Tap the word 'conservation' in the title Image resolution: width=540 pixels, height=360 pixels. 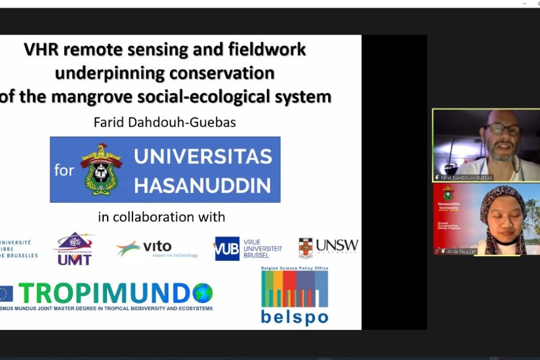[x=227, y=73]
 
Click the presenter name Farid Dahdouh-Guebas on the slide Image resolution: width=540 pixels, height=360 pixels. [x=165, y=123]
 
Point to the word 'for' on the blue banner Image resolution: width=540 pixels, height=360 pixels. [x=64, y=170]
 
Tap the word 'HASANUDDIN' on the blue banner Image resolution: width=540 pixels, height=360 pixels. [x=202, y=186]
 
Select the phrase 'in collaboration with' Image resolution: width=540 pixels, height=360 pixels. [x=161, y=217]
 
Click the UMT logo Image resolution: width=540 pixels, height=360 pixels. [x=74, y=249]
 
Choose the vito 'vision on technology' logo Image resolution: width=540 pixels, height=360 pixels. [x=158, y=249]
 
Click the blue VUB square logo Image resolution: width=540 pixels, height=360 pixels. [x=227, y=248]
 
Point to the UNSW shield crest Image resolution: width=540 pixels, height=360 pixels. [x=305, y=248]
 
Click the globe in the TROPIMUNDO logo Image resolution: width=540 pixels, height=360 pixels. [x=202, y=293]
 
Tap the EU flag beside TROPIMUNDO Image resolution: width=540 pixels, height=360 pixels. [x=6, y=293]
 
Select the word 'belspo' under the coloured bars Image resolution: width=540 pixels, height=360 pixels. [x=294, y=317]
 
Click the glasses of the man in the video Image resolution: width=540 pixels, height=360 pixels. [x=503, y=130]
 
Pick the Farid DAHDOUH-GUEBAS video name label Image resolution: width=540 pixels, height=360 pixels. [x=464, y=178]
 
